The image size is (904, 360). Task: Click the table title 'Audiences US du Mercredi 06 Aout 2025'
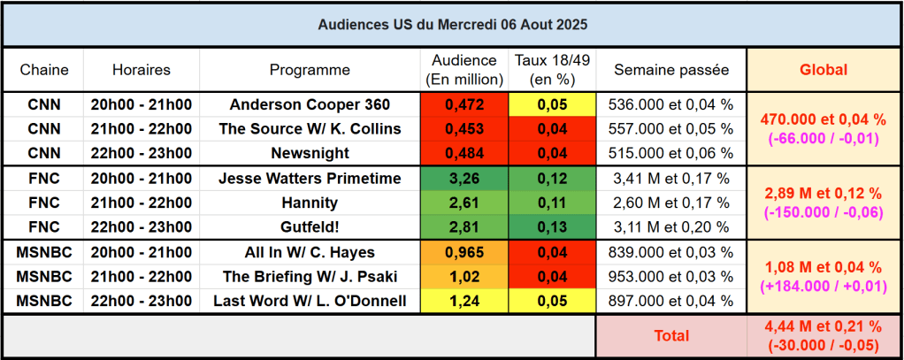(452, 25)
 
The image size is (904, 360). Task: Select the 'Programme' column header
(310, 70)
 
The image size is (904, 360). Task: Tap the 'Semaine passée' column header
(671, 70)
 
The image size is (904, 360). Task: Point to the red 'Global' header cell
(824, 70)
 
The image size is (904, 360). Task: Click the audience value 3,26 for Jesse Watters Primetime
(464, 179)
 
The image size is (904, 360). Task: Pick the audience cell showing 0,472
(464, 104)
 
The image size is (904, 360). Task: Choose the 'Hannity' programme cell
(310, 203)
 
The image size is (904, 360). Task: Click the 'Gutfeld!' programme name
(310, 227)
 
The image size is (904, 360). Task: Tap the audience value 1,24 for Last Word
(464, 302)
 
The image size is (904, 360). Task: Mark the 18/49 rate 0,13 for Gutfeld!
(552, 227)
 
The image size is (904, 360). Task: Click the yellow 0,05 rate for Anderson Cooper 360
(552, 104)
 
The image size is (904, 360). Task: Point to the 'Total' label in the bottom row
(671, 336)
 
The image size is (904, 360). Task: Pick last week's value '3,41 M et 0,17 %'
(671, 179)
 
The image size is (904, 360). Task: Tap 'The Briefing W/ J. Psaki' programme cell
(310, 277)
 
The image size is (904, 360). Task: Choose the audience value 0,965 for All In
(464, 252)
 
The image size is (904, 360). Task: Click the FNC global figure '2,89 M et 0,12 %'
(824, 192)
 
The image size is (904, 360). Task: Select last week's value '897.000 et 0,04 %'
(671, 302)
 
